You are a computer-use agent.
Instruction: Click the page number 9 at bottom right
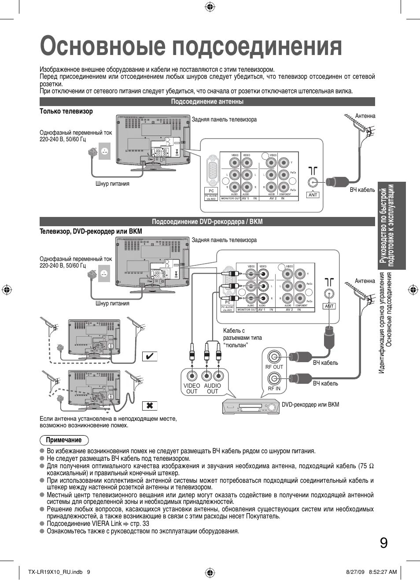point(383,543)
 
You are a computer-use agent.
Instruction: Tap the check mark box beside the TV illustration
point(149,356)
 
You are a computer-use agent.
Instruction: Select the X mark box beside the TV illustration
point(149,405)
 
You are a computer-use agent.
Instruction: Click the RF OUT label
point(274,367)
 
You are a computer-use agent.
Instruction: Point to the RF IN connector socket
point(274,378)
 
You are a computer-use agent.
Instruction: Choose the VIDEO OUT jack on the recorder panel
point(192,376)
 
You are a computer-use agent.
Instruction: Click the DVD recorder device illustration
point(251,406)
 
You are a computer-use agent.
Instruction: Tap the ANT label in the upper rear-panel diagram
point(313,195)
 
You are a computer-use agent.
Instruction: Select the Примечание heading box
point(64,440)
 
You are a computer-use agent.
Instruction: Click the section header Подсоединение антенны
point(207,102)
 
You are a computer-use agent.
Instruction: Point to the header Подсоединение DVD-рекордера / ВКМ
point(207,222)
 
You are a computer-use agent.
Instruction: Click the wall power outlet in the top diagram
point(104,151)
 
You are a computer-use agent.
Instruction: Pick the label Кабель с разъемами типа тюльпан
point(242,338)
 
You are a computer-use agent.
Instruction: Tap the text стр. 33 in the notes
point(140,524)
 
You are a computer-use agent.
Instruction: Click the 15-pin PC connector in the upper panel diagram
point(212,172)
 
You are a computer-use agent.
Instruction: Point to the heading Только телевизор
point(66,111)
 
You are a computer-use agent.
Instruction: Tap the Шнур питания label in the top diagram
point(112,184)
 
